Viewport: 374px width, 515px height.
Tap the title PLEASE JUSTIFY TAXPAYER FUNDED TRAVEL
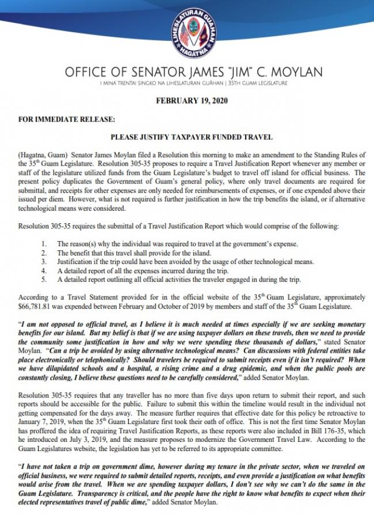tap(190, 138)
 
